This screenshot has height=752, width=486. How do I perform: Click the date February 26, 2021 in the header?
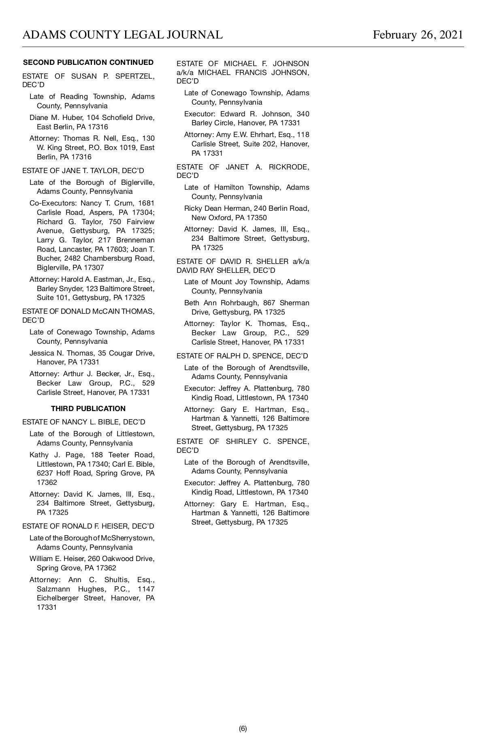418,35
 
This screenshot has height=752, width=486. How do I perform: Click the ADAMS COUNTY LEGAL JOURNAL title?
122,35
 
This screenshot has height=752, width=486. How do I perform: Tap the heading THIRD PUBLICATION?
88,409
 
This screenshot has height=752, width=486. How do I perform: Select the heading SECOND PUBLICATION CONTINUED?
88,62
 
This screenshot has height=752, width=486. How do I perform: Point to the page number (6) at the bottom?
243,728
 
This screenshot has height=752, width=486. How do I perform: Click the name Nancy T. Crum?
107,203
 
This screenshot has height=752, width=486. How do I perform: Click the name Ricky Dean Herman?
217,208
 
